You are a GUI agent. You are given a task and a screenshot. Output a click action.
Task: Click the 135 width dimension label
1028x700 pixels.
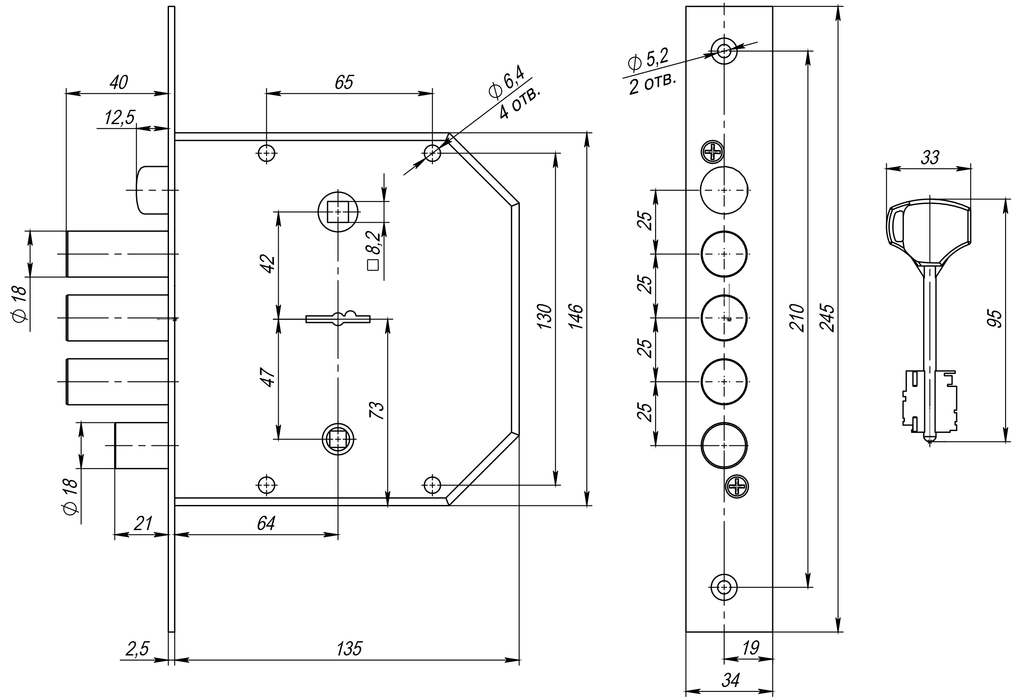tap(349, 649)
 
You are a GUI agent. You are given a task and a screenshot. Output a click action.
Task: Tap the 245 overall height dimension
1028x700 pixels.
tap(826, 318)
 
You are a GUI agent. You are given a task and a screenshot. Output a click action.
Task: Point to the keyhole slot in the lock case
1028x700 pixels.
tap(338, 318)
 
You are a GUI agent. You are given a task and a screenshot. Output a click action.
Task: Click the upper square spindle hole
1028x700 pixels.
tap(338, 211)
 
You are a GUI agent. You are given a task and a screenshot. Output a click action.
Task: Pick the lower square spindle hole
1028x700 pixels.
tap(338, 439)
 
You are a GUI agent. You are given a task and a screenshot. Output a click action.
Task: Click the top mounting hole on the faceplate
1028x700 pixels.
tap(724, 51)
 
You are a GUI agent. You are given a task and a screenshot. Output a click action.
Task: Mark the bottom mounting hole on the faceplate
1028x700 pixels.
tap(724, 588)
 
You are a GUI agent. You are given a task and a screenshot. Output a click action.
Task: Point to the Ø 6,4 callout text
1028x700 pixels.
tap(506, 83)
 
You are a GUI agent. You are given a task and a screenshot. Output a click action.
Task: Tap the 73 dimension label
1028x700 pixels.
tap(377, 410)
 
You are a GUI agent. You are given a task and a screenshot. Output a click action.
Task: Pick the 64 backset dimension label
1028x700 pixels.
tap(266, 524)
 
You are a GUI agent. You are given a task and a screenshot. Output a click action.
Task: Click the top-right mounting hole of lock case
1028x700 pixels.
tap(432, 153)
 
